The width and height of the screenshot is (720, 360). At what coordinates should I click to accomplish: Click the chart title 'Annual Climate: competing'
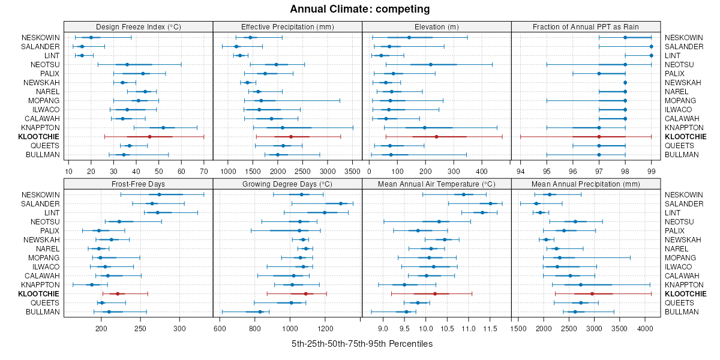click(360, 9)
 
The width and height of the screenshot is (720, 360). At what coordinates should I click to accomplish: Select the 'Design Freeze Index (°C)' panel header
click(138, 26)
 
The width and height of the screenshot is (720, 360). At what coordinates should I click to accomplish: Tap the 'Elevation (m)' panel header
click(436, 26)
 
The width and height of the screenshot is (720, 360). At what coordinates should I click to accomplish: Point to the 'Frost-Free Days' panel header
click(138, 184)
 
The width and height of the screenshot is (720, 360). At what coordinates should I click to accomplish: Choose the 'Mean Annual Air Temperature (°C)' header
click(436, 184)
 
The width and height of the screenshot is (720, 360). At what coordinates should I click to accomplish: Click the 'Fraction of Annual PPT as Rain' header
click(586, 26)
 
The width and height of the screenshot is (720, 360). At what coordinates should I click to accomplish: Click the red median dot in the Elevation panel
click(436, 137)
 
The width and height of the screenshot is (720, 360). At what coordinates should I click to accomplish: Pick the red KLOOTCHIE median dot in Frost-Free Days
click(118, 294)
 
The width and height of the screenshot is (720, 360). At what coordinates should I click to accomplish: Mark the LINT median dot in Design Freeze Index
click(82, 56)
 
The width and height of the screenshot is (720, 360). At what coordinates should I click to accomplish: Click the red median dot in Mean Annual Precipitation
click(592, 294)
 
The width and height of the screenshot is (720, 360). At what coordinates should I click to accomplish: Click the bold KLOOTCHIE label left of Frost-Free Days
click(38, 294)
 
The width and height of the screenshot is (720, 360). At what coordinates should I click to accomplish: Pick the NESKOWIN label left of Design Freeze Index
click(40, 37)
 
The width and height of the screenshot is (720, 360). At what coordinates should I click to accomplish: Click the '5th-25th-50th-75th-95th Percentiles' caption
click(362, 344)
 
